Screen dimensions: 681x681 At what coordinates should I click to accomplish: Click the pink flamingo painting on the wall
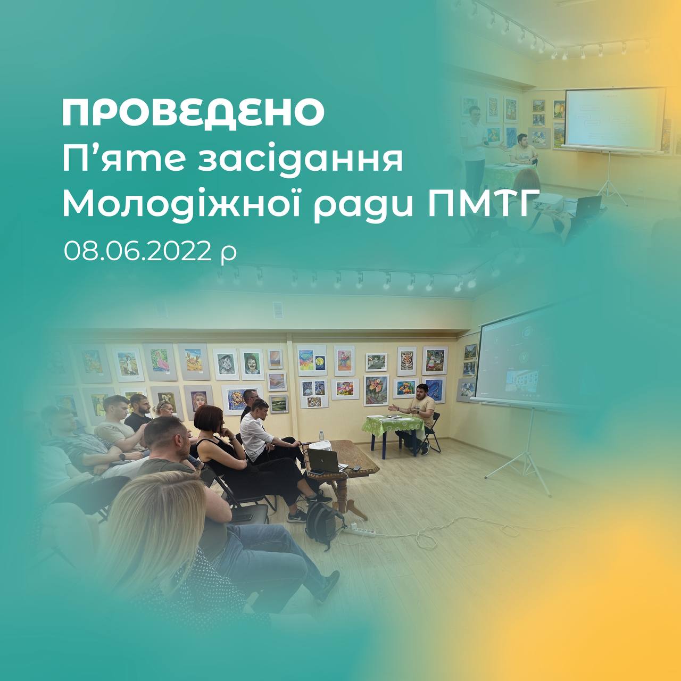[x=160, y=362]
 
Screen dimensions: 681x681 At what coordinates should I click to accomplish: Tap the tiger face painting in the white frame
[x=406, y=360]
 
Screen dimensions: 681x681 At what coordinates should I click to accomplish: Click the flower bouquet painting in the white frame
[x=376, y=390]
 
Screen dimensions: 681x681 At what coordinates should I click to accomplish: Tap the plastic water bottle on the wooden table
[x=321, y=436]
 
